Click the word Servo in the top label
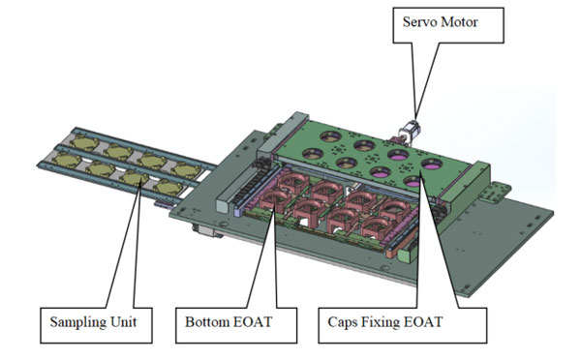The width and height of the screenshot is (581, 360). tap(420, 22)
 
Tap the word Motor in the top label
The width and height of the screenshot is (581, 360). tap(460, 22)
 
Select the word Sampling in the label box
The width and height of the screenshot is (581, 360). tap(74, 322)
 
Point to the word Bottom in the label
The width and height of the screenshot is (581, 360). tap(206, 321)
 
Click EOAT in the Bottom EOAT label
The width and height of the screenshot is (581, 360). tap(252, 321)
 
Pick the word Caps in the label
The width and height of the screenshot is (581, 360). tap(342, 322)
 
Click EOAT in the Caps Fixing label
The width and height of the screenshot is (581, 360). tap(422, 321)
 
